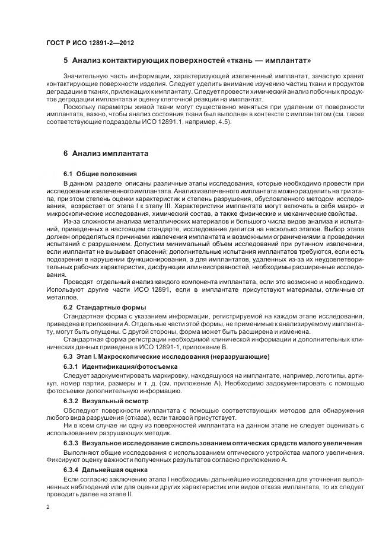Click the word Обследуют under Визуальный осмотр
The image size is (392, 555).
(x=80, y=410)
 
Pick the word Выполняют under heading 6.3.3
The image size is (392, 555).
(x=81, y=452)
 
